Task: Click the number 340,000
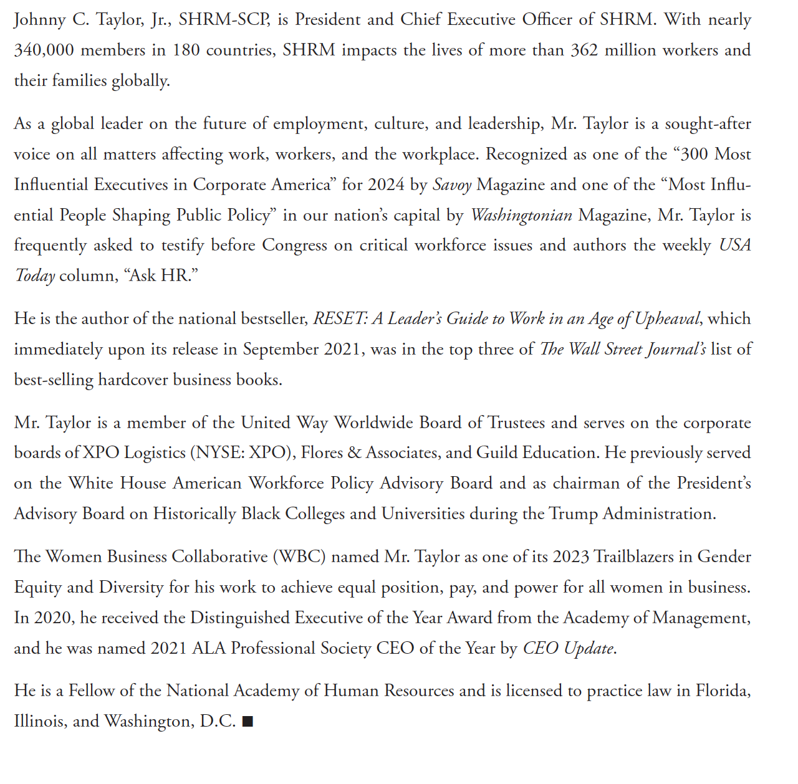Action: tap(44, 50)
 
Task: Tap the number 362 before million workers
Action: tap(584, 50)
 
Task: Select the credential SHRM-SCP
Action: tap(224, 19)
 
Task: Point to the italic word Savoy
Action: tap(451, 184)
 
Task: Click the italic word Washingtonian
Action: tap(521, 215)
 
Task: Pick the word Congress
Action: tap(294, 245)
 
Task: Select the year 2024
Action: tap(386, 184)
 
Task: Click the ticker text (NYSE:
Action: tap(218, 452)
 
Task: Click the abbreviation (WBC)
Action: tap(299, 556)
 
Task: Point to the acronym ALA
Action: tap(209, 648)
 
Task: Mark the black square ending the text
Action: tap(248, 722)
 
